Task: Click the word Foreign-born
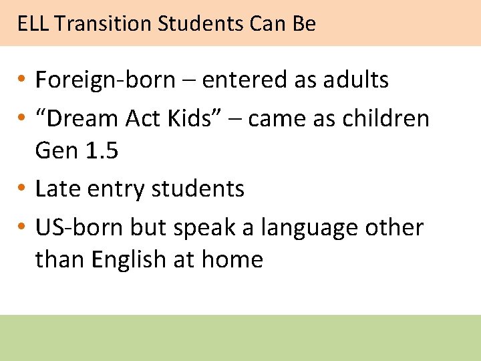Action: (x=104, y=80)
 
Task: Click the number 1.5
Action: (x=102, y=151)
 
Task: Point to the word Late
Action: (x=57, y=189)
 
